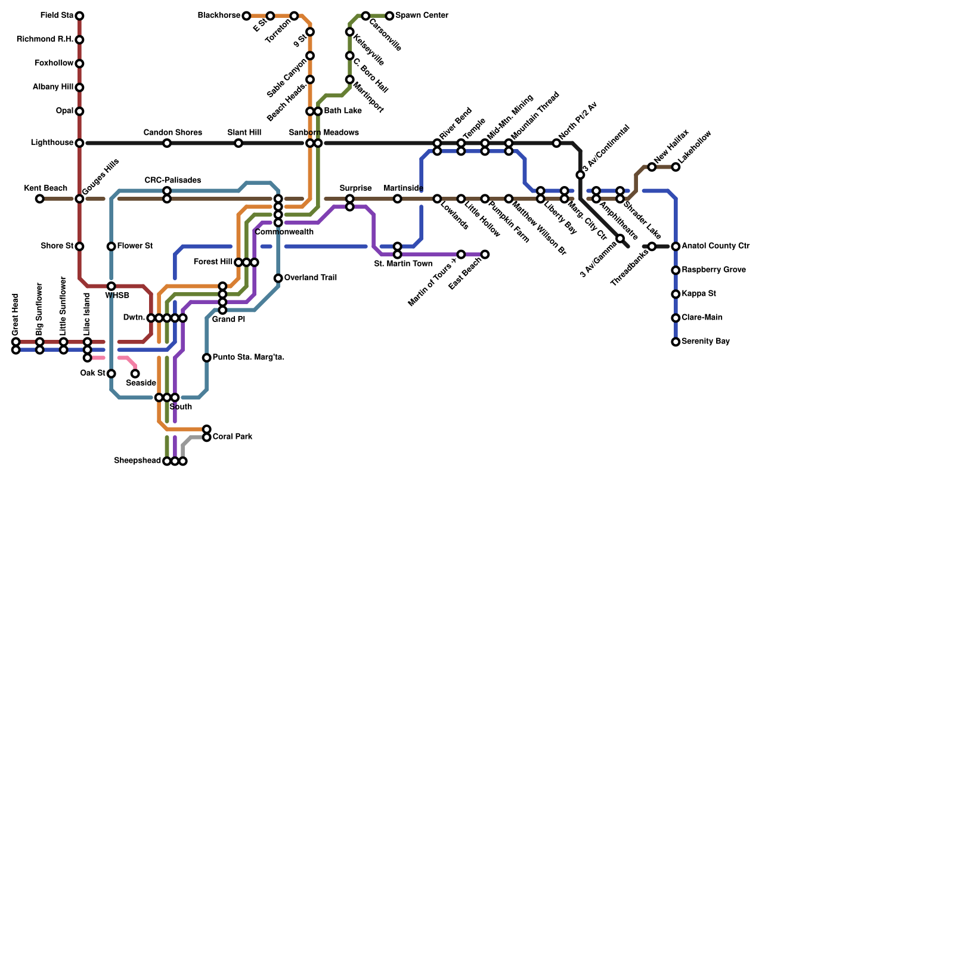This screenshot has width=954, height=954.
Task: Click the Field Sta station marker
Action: [79, 16]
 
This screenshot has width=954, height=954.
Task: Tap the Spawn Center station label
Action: [422, 16]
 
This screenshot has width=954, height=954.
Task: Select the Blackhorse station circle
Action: [246, 16]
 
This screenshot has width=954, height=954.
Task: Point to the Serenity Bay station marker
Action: [676, 342]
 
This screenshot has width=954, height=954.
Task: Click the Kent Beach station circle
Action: [39, 199]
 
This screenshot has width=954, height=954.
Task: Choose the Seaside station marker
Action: [135, 374]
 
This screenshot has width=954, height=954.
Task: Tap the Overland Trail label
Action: [310, 278]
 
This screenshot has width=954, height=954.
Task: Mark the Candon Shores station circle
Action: [167, 143]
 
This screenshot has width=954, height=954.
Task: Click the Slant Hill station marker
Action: [238, 143]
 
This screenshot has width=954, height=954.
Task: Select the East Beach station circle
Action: [485, 255]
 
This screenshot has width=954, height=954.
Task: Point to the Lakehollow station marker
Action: [676, 167]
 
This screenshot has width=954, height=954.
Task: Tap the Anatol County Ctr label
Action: [715, 246]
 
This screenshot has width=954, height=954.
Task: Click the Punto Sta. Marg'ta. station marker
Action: [206, 358]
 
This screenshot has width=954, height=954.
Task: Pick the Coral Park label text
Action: [232, 437]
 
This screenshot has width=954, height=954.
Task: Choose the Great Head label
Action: [16, 314]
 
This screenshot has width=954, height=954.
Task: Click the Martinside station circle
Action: [397, 199]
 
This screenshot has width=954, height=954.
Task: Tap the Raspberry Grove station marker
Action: [676, 270]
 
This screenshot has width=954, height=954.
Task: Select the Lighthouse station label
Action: [52, 143]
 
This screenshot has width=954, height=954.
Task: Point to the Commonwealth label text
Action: [284, 232]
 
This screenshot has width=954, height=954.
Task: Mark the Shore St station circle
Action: [79, 246]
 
